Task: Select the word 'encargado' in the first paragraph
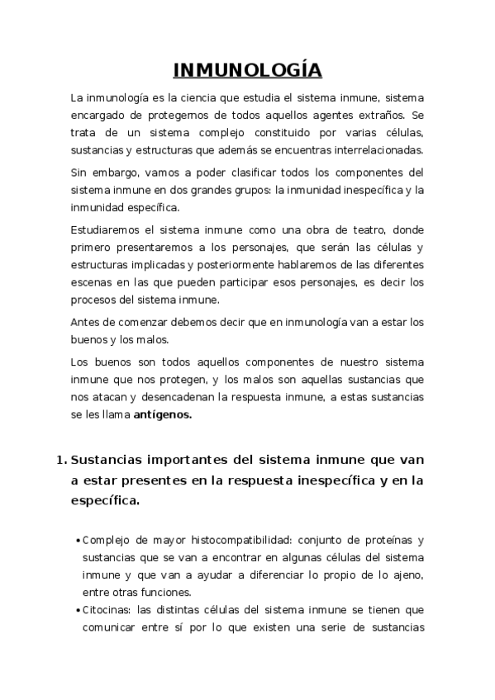[x=98, y=116]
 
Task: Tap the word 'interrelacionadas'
[x=378, y=150]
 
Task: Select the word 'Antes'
[x=84, y=321]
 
